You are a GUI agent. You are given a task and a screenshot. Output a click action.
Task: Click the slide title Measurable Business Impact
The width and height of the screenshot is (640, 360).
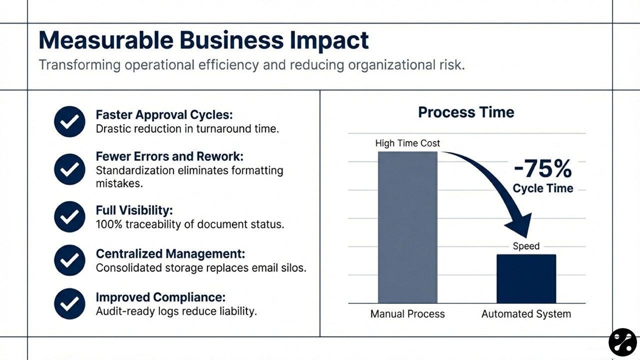203,40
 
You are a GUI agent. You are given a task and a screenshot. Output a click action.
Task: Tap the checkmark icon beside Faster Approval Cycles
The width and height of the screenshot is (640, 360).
69,121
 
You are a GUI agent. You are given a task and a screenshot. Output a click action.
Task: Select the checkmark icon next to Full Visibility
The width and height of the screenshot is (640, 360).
69,216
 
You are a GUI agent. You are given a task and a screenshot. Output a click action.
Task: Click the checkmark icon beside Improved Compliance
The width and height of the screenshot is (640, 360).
69,303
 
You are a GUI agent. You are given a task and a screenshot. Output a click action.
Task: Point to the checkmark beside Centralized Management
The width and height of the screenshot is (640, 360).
69,260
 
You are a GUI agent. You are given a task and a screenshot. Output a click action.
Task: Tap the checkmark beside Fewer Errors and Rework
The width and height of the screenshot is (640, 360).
69,169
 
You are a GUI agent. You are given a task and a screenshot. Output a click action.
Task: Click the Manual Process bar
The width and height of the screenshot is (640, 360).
407,227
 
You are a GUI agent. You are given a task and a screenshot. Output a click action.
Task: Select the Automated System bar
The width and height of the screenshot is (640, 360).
526,278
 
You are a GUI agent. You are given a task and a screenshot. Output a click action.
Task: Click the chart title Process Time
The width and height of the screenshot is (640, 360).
466,112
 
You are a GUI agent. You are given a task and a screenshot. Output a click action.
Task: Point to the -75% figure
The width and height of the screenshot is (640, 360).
542,169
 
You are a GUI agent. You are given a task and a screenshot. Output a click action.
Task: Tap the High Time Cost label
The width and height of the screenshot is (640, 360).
407,143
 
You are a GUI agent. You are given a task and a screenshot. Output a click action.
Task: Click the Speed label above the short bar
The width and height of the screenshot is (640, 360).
526,246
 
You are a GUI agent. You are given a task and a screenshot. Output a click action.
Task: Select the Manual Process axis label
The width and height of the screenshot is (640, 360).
407,314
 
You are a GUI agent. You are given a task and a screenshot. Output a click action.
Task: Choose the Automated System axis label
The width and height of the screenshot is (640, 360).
526,314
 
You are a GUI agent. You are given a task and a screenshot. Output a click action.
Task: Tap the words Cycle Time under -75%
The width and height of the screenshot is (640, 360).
543,188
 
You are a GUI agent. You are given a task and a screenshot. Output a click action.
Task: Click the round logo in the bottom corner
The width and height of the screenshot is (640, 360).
622,342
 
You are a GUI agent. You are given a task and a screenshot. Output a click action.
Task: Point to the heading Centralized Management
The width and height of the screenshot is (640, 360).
170,253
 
